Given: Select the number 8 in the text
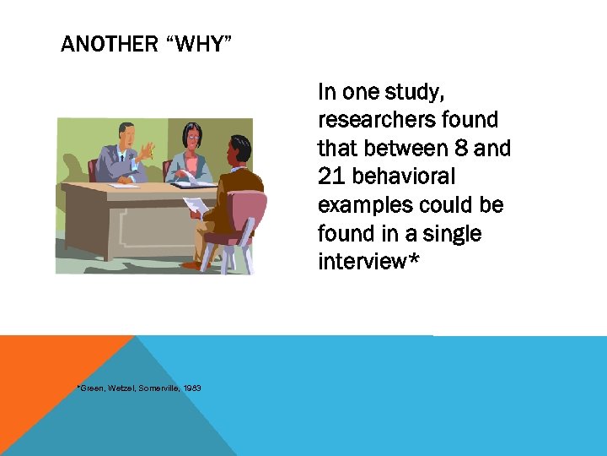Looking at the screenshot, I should coord(459,149).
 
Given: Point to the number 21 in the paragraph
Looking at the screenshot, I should coord(331,176).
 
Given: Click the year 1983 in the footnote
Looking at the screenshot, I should coord(191,388).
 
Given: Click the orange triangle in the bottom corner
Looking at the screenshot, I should coord(51,372).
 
